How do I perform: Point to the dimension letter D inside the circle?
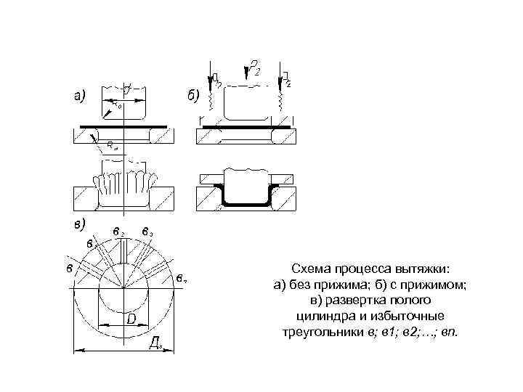[x=132, y=319]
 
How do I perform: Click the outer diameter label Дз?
[x=155, y=343]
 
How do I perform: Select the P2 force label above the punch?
[x=254, y=69]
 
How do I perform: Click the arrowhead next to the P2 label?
[x=246, y=73]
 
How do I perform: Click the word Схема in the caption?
[x=310, y=268]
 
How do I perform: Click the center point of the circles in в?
[x=124, y=287]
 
